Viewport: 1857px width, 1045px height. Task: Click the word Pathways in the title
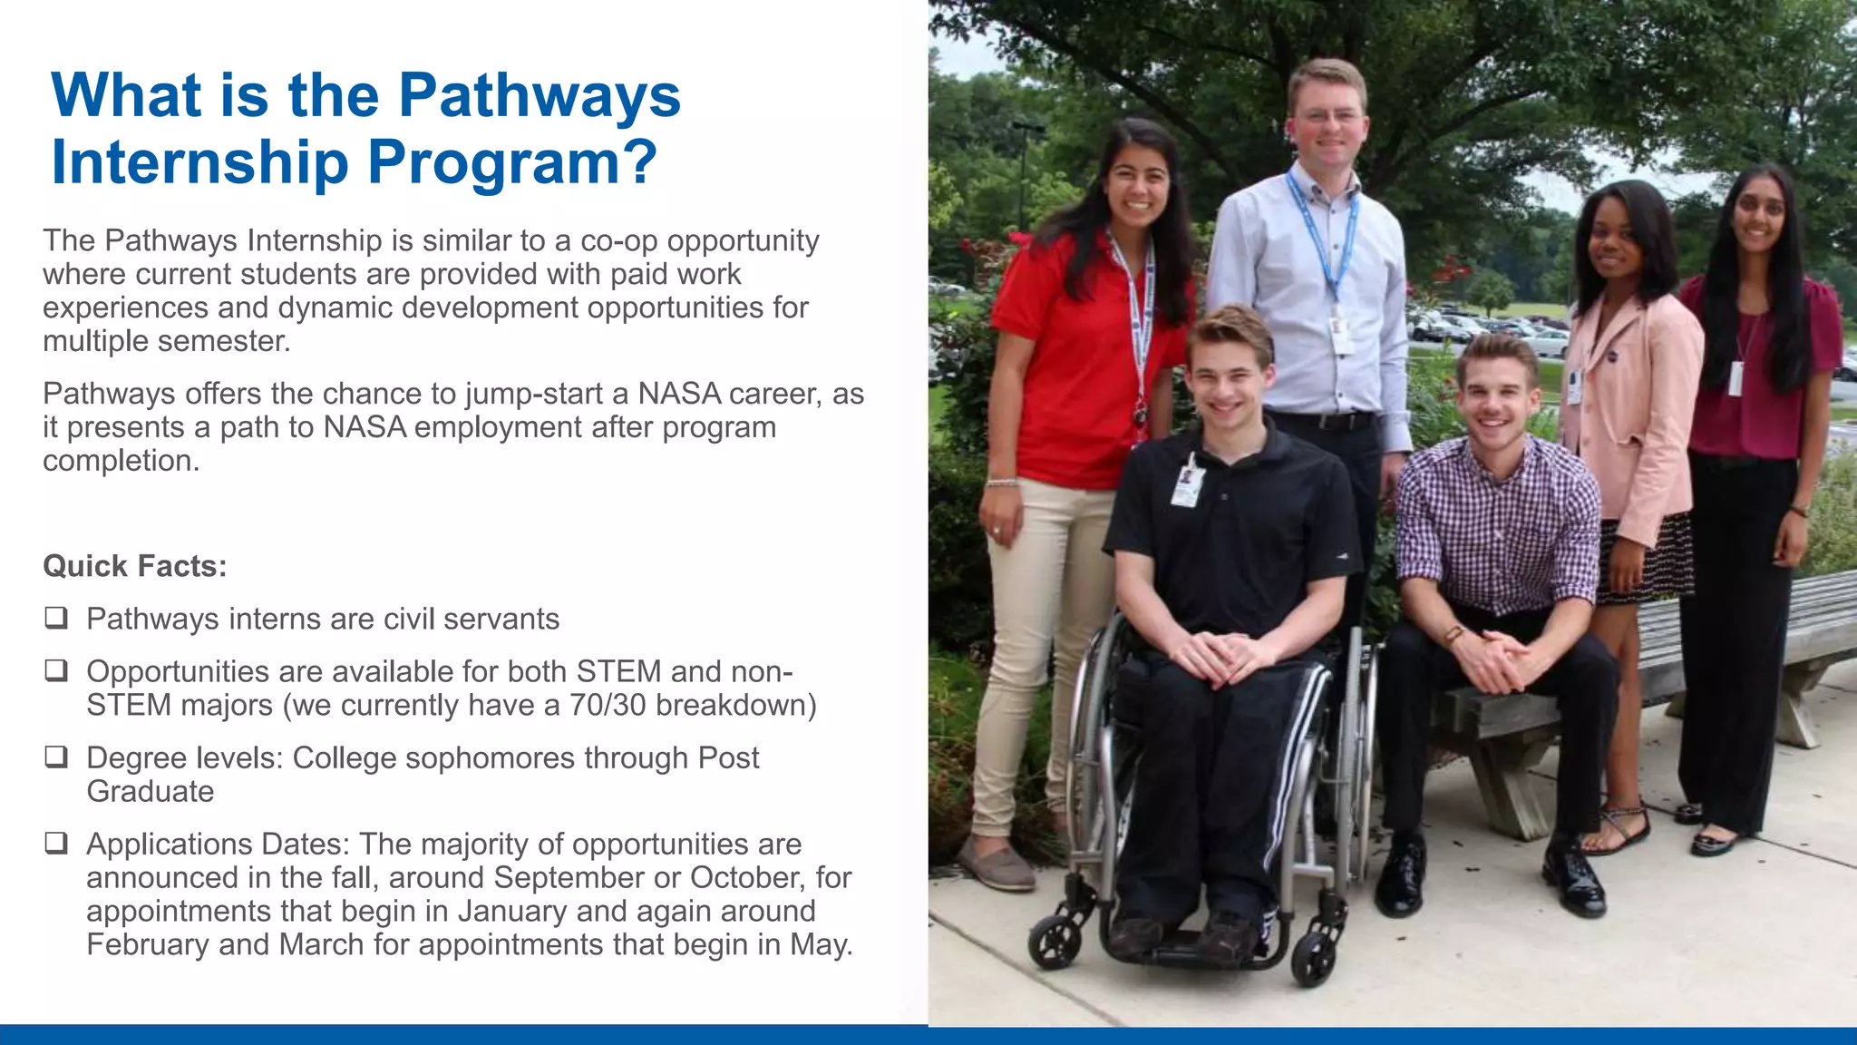click(x=539, y=96)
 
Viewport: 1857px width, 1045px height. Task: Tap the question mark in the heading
click(x=640, y=161)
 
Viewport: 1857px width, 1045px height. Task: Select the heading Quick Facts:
click(x=134, y=566)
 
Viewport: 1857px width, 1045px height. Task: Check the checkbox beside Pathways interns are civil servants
click(x=56, y=619)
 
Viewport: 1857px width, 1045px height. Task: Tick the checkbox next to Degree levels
click(x=56, y=757)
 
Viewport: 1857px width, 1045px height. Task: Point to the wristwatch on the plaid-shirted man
click(x=1454, y=634)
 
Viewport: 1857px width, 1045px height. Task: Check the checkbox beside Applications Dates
click(x=56, y=844)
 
